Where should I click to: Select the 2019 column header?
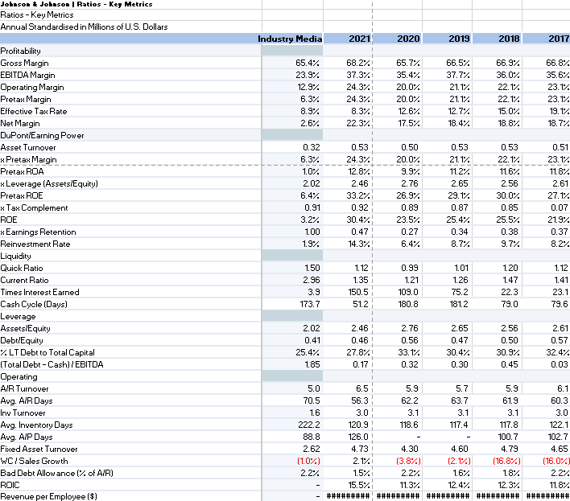coord(459,39)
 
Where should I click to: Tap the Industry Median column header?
coord(290,39)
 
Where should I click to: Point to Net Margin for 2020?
coord(409,123)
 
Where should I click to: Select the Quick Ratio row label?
coord(23,268)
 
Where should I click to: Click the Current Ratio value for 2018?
coord(508,280)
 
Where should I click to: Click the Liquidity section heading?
coord(16,256)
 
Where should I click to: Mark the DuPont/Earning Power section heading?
coord(42,135)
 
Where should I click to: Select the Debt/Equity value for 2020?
coord(408,340)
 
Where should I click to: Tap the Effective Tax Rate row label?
coord(34,111)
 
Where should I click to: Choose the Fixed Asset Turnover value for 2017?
coord(557,449)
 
